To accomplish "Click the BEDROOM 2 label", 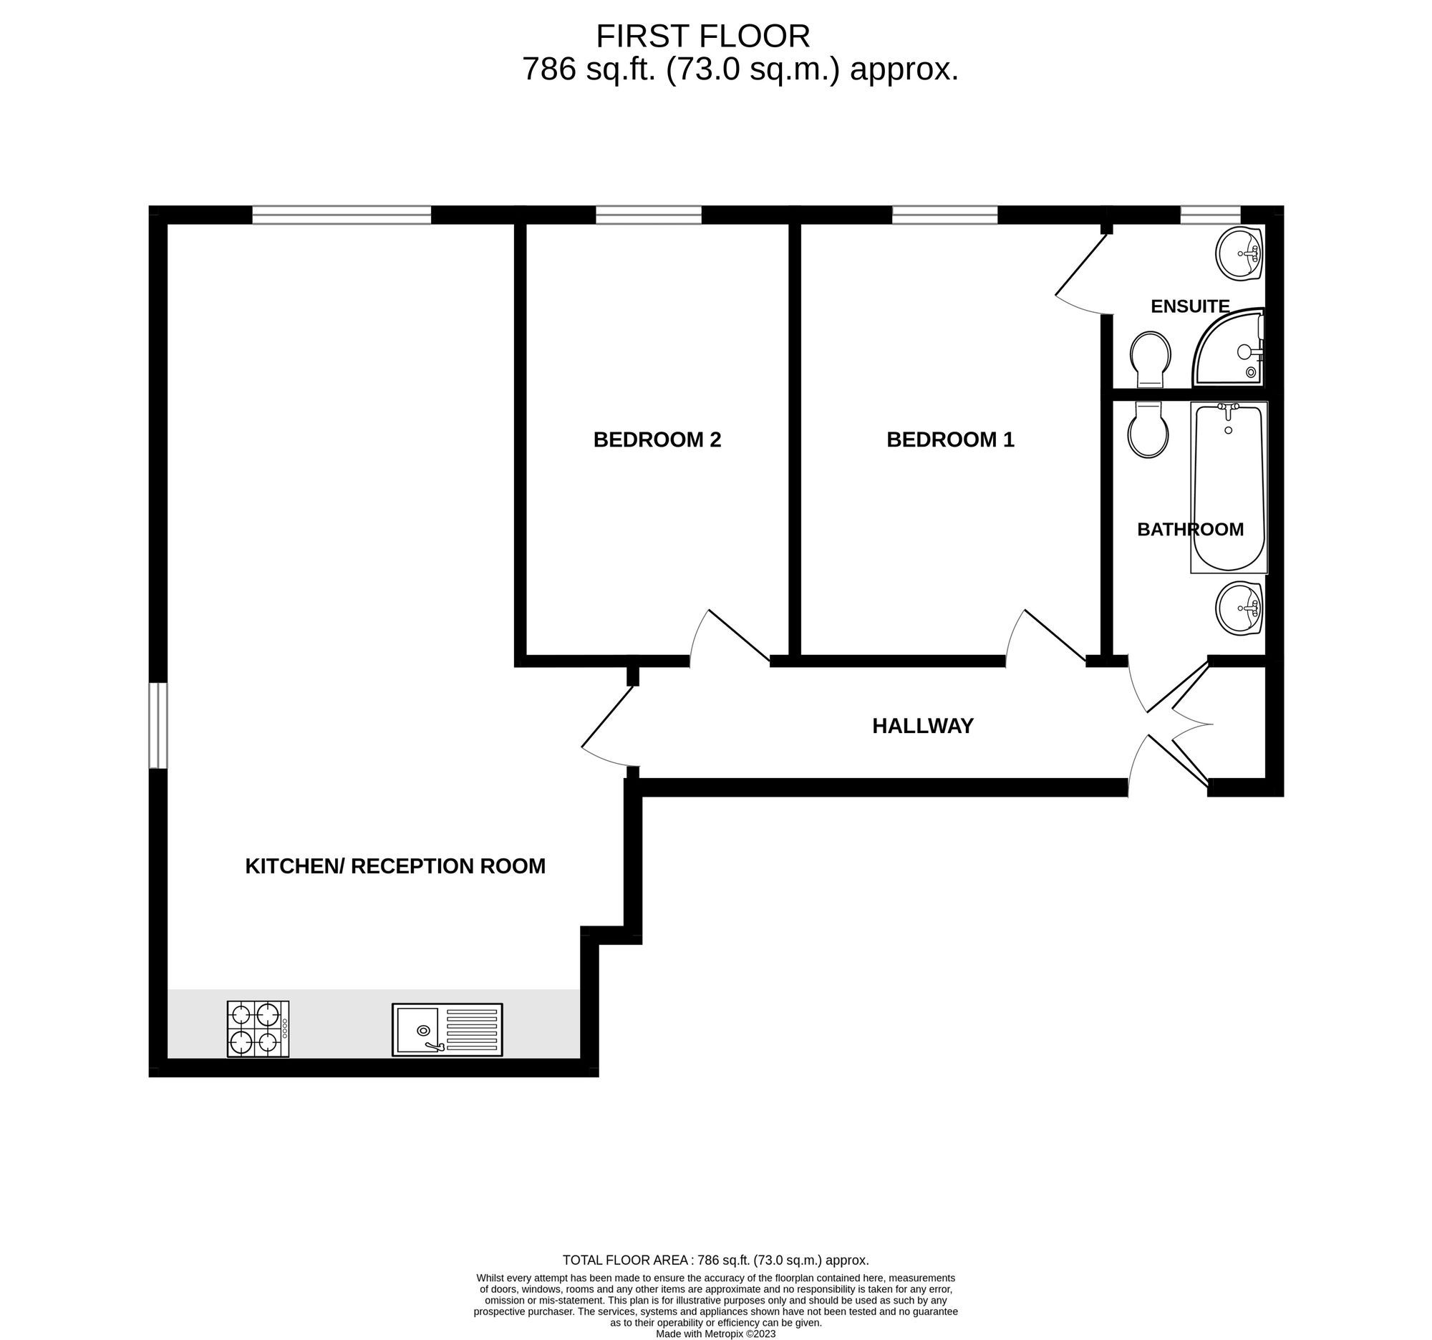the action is [x=657, y=440].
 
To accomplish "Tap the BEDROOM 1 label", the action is [x=950, y=440].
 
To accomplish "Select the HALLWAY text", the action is [x=923, y=726].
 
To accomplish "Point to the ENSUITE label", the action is [x=1190, y=306].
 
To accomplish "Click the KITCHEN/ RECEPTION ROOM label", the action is [x=395, y=866].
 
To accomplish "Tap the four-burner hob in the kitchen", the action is [x=258, y=1029].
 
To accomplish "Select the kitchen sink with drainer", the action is [x=447, y=1029].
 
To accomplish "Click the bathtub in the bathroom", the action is [x=1229, y=487].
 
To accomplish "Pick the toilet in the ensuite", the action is [x=1151, y=359].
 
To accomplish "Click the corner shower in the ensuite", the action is [x=1229, y=348].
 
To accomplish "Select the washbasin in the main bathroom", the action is [x=1239, y=608].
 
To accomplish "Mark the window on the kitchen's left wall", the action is [x=158, y=726].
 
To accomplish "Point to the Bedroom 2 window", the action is [x=648, y=215].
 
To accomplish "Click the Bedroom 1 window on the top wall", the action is [x=944, y=215].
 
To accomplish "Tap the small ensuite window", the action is [x=1210, y=215].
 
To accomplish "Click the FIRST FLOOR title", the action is [x=703, y=36].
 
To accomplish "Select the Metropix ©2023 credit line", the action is [x=715, y=1334].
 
